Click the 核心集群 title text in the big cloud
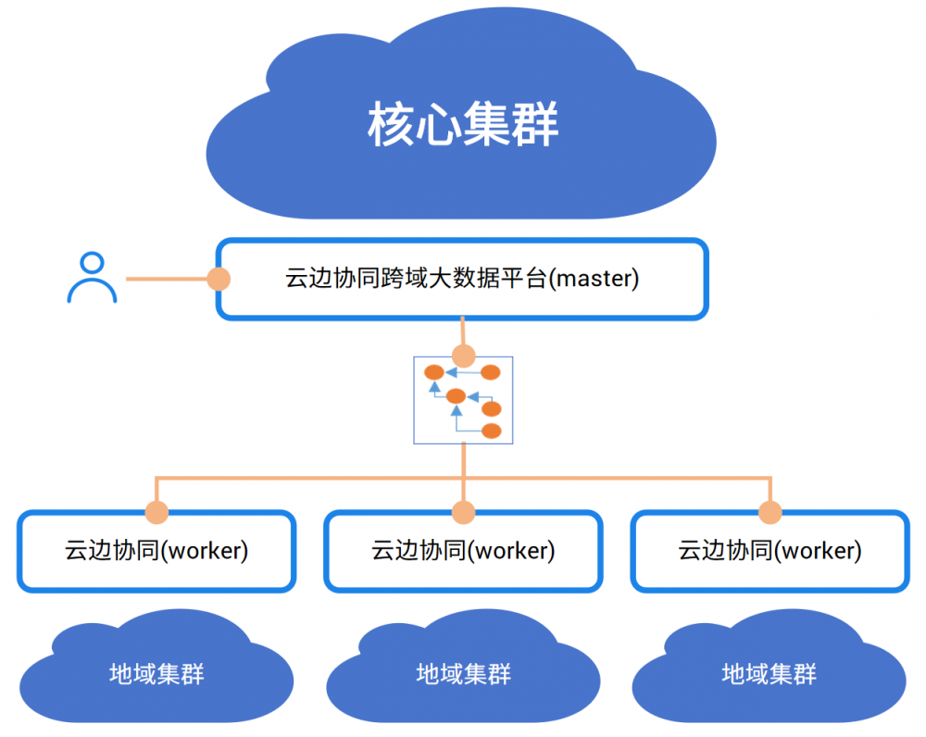tap(462, 124)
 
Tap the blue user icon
tap(92, 278)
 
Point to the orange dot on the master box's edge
tap(219, 278)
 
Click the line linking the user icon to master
tap(167, 278)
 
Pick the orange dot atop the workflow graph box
tap(463, 356)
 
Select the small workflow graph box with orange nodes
tap(463, 400)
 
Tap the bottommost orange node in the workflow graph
tap(491, 431)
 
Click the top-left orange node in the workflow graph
tap(433, 372)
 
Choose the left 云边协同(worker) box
tap(156, 551)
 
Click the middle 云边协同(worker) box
tap(463, 551)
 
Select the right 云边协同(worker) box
tap(770, 551)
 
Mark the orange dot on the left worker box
tap(156, 512)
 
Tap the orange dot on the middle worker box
tap(463, 512)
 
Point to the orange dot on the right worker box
tap(770, 512)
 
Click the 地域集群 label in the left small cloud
tap(156, 673)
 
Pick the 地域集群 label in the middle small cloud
tap(463, 673)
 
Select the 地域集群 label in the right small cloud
tap(770, 673)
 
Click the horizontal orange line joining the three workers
tap(306, 479)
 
